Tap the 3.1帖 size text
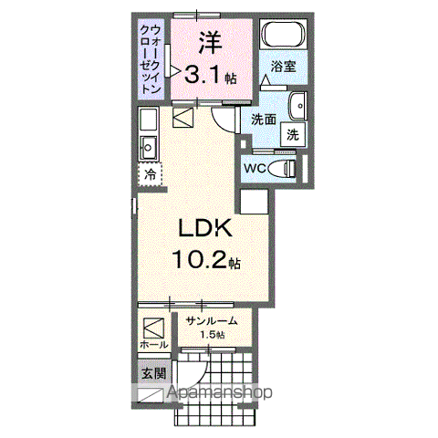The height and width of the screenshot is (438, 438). [212, 77]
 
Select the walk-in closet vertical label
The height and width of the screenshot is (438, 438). [151, 60]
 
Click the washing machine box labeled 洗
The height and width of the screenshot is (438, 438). [293, 133]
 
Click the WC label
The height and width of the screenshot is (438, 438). [255, 169]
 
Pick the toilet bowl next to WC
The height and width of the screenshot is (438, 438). [286, 168]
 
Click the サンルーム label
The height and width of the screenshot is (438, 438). [212, 320]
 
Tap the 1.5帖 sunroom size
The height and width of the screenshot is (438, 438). [212, 336]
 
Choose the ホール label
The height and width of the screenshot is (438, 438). [151, 347]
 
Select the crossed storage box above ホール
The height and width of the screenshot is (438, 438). [151, 325]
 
